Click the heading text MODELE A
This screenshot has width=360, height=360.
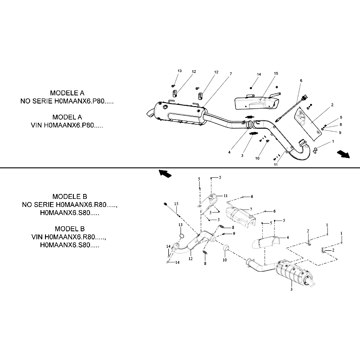point(67,93)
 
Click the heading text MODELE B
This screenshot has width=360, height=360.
point(70,197)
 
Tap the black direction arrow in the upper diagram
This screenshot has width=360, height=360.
point(343,154)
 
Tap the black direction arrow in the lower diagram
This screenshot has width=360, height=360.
point(165,173)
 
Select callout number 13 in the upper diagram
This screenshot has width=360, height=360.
point(180,71)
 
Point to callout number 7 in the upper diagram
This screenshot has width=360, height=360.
point(231,74)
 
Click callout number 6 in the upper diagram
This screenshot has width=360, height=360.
point(301,81)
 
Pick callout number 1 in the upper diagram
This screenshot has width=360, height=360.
point(333,141)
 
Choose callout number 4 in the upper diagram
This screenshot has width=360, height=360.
point(229,152)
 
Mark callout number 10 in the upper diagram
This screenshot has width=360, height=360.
point(257,158)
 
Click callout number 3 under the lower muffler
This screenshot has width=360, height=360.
point(291,289)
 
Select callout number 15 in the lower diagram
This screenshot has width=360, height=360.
point(176,204)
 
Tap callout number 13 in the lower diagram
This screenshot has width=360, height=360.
point(180,225)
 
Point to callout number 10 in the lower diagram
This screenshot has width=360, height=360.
point(225,260)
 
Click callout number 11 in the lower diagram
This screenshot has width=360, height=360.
point(225,196)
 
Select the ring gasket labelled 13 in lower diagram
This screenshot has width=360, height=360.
point(181,236)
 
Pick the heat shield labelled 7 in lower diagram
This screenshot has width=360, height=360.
point(240,216)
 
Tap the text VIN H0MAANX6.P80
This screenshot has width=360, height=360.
point(67,126)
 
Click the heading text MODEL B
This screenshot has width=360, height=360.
point(70,229)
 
